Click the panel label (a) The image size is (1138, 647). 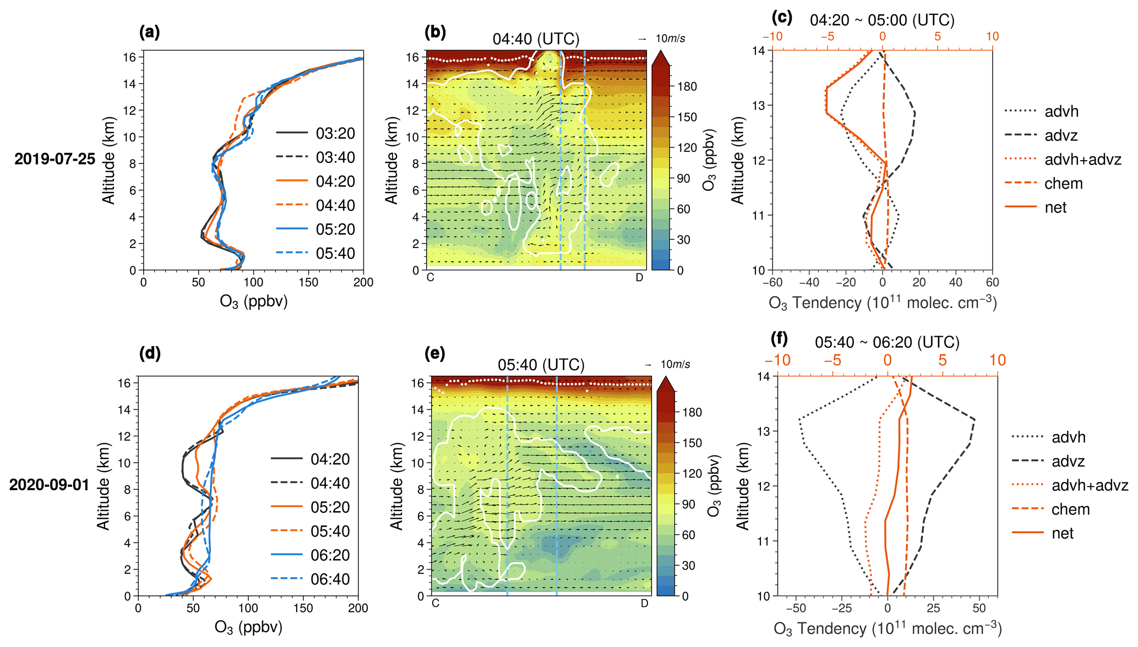(x=149, y=32)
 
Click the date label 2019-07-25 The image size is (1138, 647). (x=55, y=159)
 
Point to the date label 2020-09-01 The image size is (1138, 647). (x=50, y=485)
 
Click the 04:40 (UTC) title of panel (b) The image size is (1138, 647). (x=536, y=39)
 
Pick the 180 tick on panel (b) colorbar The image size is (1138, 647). (x=687, y=86)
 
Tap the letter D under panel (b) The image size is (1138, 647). (x=639, y=278)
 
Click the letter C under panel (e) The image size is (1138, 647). (x=435, y=604)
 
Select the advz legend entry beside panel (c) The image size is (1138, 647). (x=1061, y=135)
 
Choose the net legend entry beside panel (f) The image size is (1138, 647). (x=1062, y=533)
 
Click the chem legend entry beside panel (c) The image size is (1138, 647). (x=1063, y=184)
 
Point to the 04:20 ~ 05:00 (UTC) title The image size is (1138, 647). (x=882, y=20)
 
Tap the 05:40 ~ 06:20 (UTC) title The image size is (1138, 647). (x=887, y=343)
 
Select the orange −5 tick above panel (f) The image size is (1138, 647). (x=832, y=360)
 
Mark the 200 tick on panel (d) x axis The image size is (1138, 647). (x=358, y=608)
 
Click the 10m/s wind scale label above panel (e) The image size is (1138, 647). (x=675, y=365)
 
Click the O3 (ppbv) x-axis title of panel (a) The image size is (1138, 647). (x=253, y=301)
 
